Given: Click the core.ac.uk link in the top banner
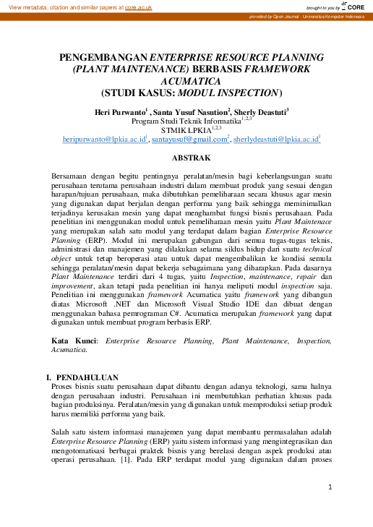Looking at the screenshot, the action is [x=138, y=7].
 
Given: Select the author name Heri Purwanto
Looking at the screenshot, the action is [x=119, y=111].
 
